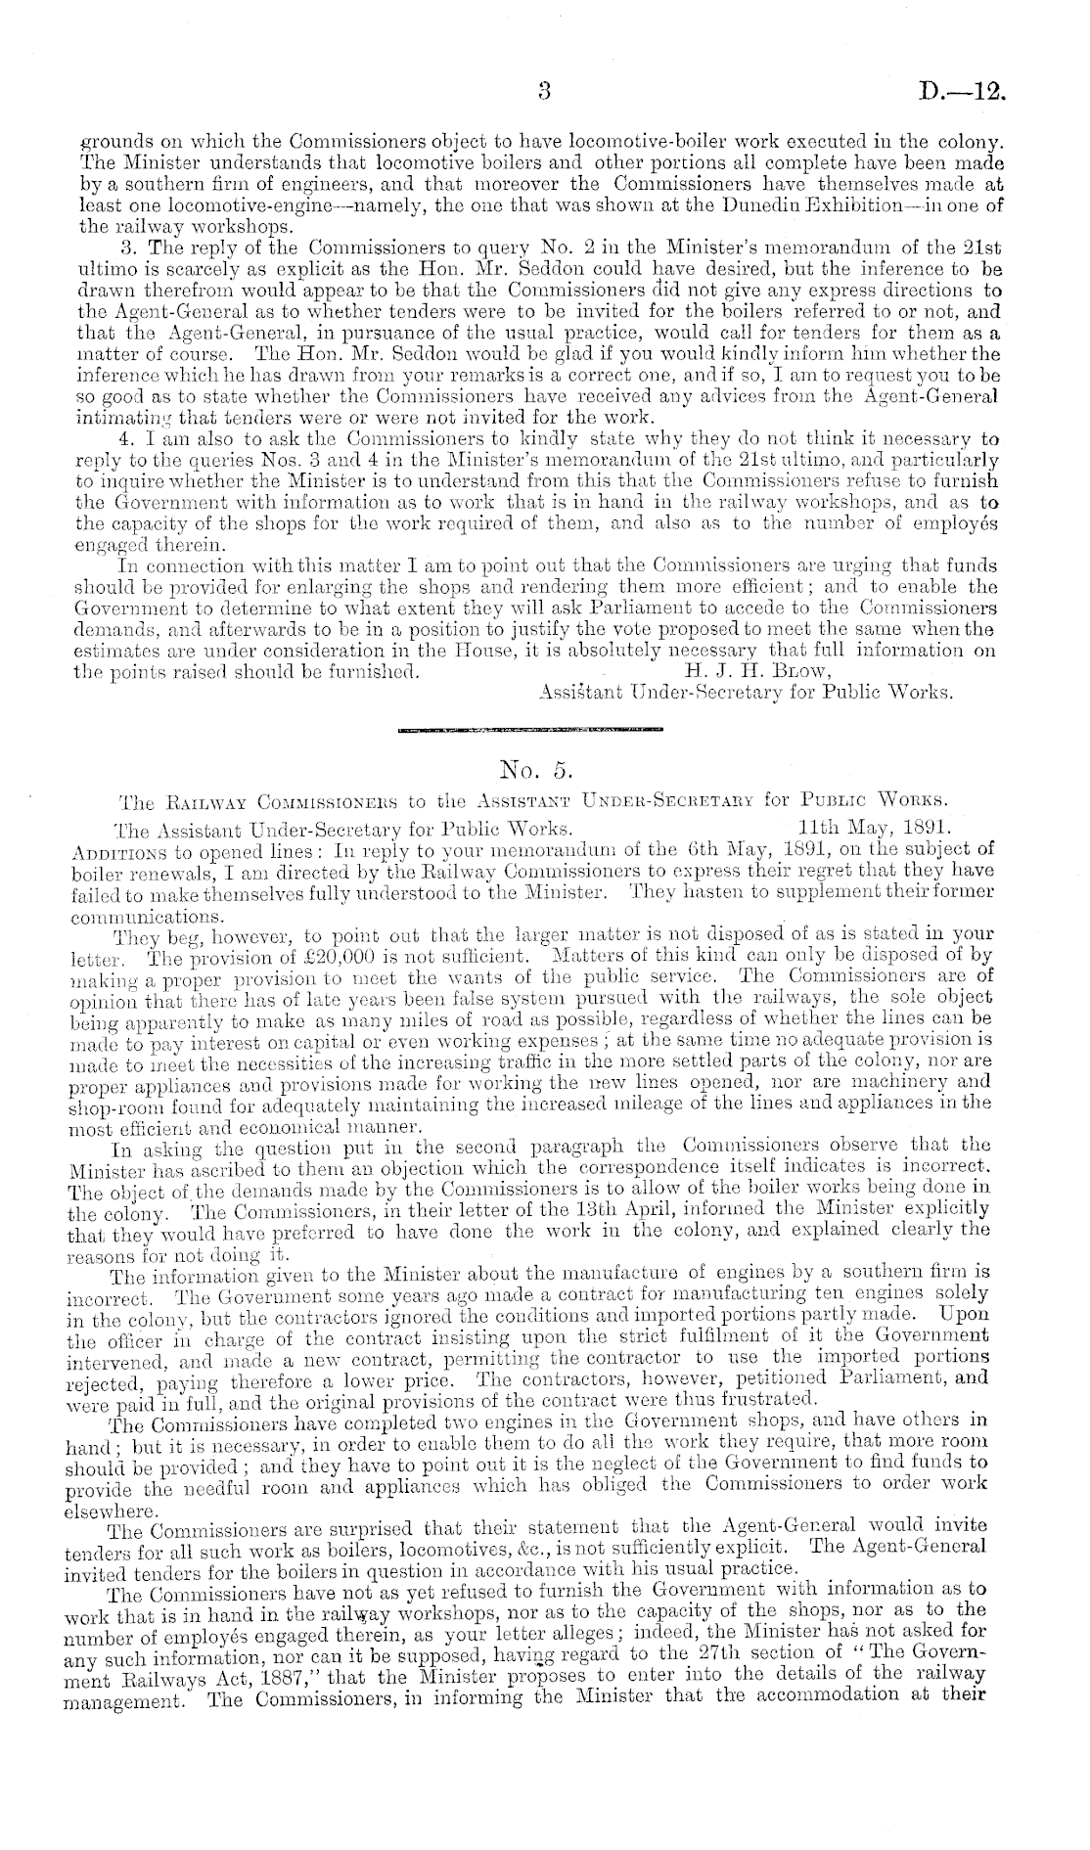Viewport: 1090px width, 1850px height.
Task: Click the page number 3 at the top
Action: coord(546,93)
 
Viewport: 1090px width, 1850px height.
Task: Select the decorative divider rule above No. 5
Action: coord(530,729)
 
